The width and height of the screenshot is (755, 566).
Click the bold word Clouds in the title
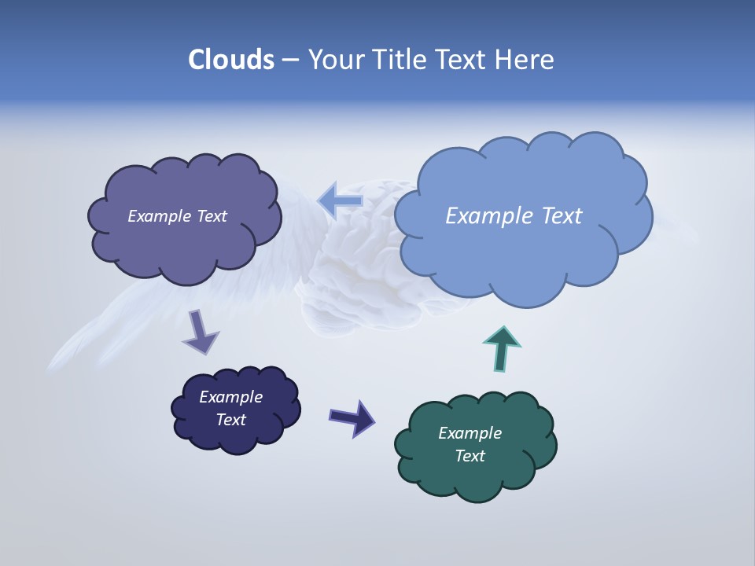click(231, 60)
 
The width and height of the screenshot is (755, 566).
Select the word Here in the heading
click(525, 60)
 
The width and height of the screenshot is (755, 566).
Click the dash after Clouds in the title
click(290, 61)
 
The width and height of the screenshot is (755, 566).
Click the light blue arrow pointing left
click(340, 200)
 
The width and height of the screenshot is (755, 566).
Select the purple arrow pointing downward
click(200, 331)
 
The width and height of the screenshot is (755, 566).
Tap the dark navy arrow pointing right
click(352, 417)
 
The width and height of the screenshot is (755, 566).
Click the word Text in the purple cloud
click(212, 216)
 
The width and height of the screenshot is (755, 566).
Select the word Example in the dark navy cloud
click(230, 397)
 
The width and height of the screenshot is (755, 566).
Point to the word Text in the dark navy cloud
click(230, 420)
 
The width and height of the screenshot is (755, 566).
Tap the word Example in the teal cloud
click(470, 433)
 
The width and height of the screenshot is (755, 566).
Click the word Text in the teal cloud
click(470, 456)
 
